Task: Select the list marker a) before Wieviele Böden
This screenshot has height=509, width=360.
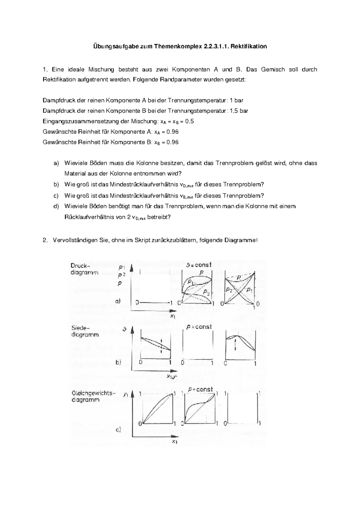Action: pos(56,163)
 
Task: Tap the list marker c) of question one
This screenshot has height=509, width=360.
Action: pos(56,196)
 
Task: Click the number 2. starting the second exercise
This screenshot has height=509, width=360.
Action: pos(45,240)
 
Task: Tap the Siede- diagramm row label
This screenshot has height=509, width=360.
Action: pos(85,331)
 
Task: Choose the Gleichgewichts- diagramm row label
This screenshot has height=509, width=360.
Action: pos(93,396)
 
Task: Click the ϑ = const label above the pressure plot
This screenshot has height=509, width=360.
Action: pos(199,265)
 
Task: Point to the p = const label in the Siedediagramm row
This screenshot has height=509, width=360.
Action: pos(199,327)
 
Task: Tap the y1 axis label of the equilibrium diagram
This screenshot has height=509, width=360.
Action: pos(126,395)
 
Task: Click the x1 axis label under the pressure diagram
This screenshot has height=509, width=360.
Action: pos(173,316)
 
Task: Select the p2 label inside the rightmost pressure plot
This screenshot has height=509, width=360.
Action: pos(229,290)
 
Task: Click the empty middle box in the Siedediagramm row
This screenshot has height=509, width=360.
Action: pos(197,345)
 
